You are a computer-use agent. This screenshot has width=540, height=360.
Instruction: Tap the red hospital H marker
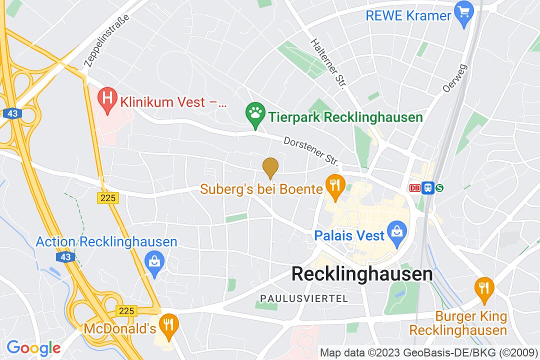point(106,96)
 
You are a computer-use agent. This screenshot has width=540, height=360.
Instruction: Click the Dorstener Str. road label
point(311,151)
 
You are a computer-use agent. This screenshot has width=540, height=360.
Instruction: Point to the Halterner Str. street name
point(328,64)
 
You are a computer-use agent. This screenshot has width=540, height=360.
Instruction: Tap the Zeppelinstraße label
point(106,40)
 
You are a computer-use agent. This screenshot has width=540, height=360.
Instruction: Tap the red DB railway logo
point(414,188)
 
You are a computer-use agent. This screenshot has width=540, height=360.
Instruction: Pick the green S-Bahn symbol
point(439,188)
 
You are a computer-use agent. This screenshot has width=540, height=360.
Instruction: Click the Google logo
point(33,347)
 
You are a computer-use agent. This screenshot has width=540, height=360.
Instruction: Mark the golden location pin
point(270,166)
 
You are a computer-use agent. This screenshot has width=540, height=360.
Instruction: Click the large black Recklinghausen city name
point(361,274)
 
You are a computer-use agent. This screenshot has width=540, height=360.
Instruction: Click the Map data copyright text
point(428,352)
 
